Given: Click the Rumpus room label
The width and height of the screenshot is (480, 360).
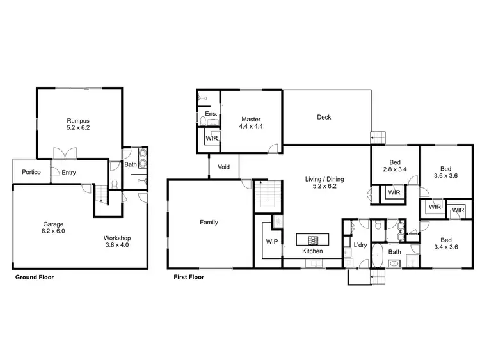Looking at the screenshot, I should click(77, 123).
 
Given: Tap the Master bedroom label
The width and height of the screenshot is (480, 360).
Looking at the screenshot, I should click(251, 123).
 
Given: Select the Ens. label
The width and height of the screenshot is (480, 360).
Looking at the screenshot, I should click(211, 114).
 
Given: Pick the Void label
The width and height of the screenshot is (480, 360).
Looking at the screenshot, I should click(223, 167).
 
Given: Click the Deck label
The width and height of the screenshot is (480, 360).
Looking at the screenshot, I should click(324, 117).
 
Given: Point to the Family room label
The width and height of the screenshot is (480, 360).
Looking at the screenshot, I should click(209, 223).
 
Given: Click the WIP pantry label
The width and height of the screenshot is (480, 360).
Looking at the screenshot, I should click(271, 242).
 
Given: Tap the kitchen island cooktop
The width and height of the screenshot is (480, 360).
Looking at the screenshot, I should click(313, 240).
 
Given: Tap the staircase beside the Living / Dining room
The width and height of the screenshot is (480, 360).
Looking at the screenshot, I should click(266, 194).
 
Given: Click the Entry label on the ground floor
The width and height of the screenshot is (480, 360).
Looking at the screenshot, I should click(68, 172).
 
